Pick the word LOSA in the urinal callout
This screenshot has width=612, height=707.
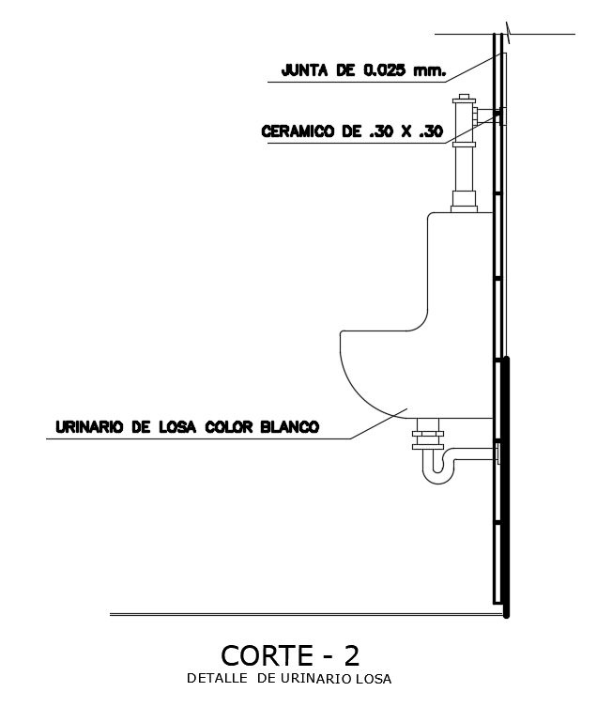[x=176, y=426]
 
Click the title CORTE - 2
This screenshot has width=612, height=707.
[x=290, y=653]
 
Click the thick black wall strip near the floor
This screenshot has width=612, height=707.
[x=506, y=488]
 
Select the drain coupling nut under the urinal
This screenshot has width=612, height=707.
[x=428, y=437]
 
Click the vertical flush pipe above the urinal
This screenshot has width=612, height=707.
[x=464, y=169]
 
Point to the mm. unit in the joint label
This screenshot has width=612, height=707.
[x=429, y=69]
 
